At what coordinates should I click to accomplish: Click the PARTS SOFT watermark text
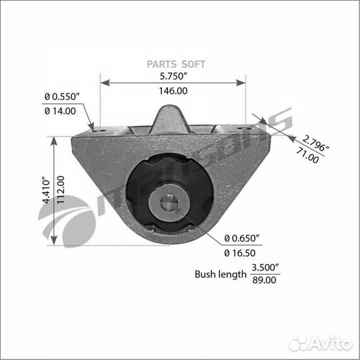pos(176,65)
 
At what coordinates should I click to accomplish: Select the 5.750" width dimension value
pos(173,77)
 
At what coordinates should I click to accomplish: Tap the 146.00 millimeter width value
pos(173,91)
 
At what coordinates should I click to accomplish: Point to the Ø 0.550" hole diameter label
pos(62,97)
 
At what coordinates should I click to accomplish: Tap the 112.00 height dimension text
pos(61,191)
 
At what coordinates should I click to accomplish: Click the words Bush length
pos(219,273)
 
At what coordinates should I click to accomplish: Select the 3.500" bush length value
pos(265,267)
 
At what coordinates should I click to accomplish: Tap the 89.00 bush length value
pos(265,280)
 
